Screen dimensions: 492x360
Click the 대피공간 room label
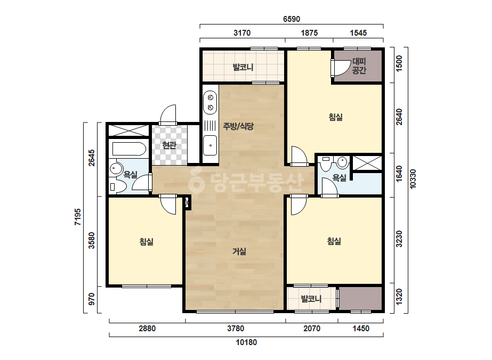click(359, 66)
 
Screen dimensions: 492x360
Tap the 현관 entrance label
click(169, 145)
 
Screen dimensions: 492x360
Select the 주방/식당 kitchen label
click(238, 126)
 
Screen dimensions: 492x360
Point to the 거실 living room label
click(239, 251)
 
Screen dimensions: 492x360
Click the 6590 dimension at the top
click(292, 19)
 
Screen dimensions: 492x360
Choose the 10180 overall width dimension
click(246, 342)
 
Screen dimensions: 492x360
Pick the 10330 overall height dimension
click(413, 179)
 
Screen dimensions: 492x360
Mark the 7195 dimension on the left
click(77, 217)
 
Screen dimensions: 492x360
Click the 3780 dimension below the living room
click(236, 329)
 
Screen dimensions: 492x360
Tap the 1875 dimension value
click(309, 33)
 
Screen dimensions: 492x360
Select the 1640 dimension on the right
click(399, 174)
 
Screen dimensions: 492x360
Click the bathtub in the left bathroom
click(129, 149)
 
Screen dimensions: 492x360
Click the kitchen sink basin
click(210, 145)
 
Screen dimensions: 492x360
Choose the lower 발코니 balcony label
click(311, 299)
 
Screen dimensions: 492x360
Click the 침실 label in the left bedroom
click(147, 242)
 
